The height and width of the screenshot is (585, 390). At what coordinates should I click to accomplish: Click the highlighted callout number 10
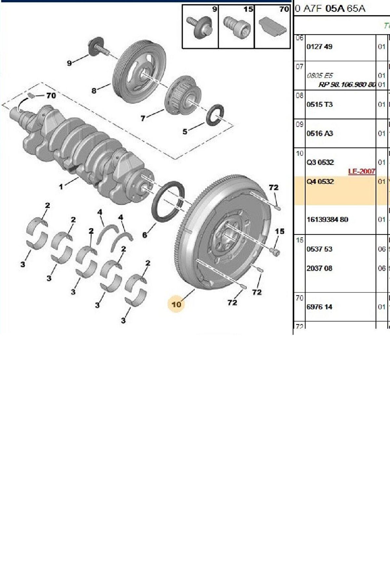(x=176, y=304)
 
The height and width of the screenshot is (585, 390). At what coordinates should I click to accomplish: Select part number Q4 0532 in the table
(x=320, y=181)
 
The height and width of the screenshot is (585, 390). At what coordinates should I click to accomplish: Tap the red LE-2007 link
(x=361, y=171)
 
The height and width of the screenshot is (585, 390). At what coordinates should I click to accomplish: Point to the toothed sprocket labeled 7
(x=182, y=96)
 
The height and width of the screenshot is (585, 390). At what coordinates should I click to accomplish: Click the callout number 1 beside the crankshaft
(x=61, y=187)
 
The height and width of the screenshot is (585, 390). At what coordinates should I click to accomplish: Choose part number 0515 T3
(x=319, y=104)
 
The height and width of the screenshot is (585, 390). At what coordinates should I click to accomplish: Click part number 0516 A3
(x=319, y=134)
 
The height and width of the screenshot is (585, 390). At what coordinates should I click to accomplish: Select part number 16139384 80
(x=327, y=219)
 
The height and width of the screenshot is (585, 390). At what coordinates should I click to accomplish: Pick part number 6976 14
(x=319, y=307)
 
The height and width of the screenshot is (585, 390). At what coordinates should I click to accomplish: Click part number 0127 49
(x=319, y=47)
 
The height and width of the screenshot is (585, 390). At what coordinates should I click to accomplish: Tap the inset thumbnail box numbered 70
(x=272, y=26)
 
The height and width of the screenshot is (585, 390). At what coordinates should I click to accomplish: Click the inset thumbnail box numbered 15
(x=236, y=26)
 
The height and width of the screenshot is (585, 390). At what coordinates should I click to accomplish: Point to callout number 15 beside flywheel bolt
(x=280, y=231)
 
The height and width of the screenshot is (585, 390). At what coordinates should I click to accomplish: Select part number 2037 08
(x=319, y=268)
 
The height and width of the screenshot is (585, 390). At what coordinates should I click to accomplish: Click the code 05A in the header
(x=335, y=8)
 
